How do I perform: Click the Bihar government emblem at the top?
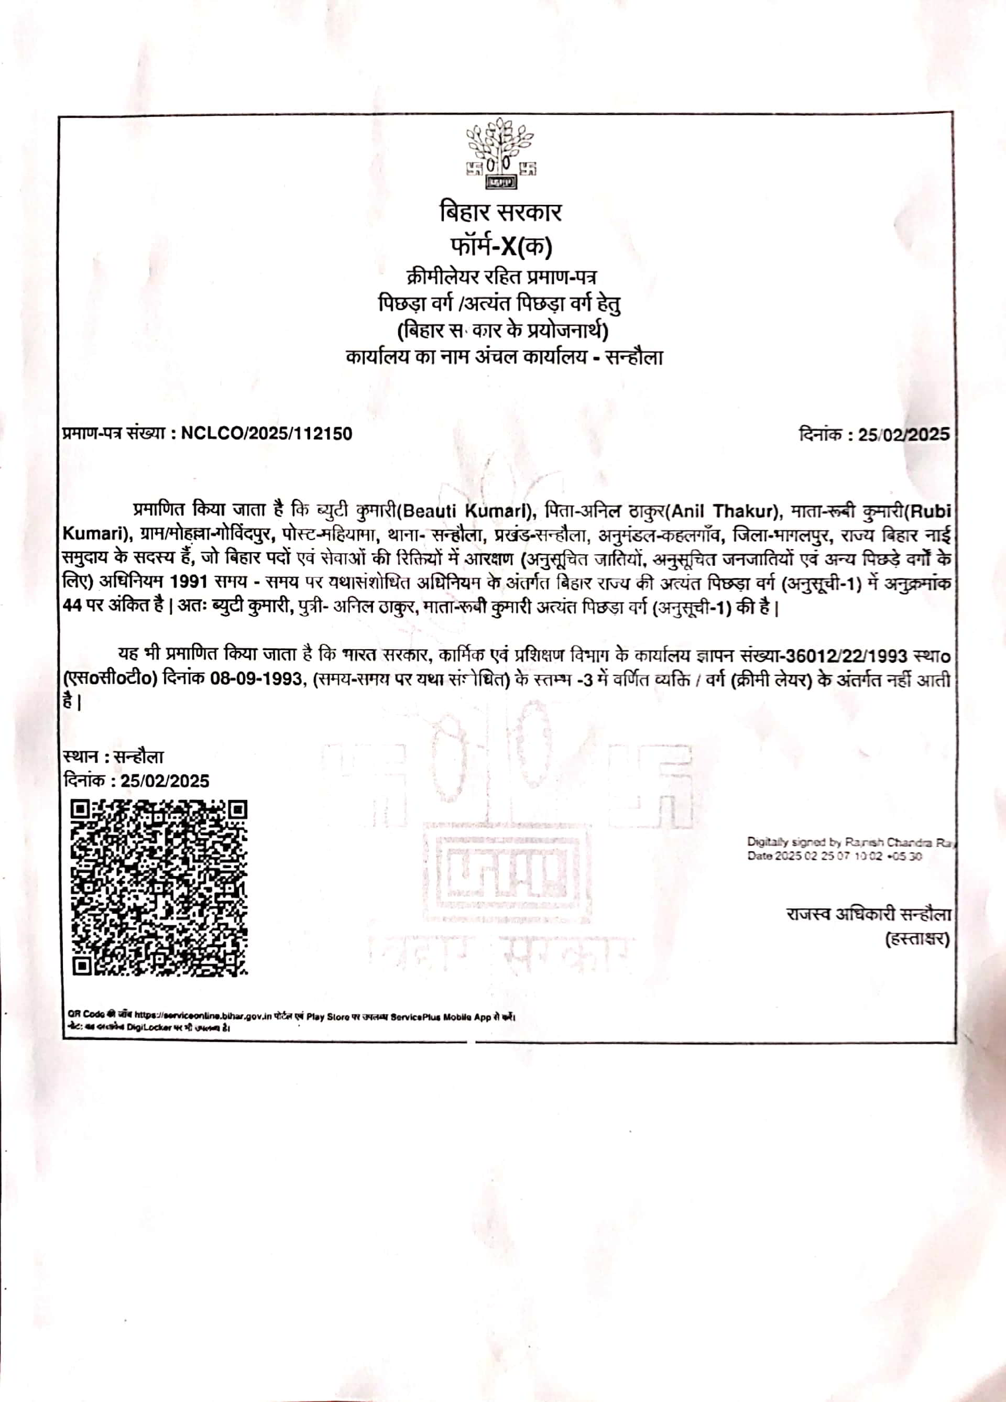click(501, 155)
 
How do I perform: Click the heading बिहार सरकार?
click(500, 213)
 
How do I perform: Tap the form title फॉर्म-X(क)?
click(500, 247)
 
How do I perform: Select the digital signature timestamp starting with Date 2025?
click(835, 856)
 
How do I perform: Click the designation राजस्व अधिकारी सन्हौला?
click(868, 914)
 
